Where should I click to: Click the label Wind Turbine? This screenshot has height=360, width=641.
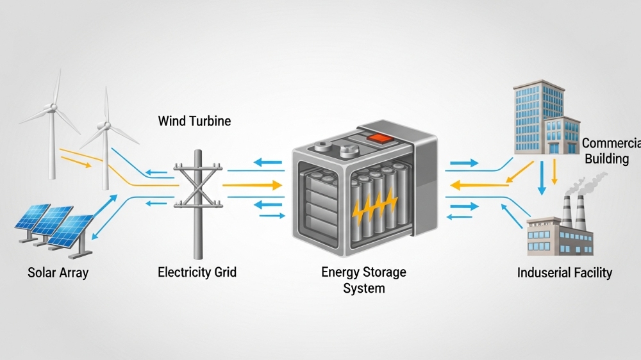click(194, 120)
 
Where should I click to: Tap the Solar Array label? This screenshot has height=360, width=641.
click(58, 272)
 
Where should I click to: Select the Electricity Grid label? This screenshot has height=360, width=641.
click(197, 272)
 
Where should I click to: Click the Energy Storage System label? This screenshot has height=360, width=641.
click(363, 280)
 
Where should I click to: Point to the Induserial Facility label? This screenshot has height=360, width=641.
click(564, 273)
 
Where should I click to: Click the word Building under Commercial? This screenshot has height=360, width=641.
click(607, 158)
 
